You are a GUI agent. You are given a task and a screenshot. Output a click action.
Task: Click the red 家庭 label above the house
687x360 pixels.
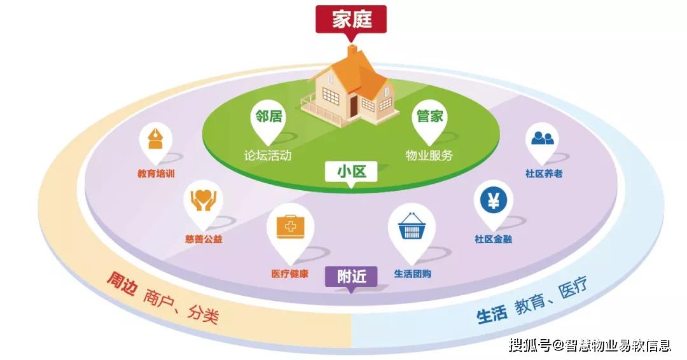point(351,20)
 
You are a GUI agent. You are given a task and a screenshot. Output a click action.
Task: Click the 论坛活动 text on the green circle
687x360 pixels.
point(268,155)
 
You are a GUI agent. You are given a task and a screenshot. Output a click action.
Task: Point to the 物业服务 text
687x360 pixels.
point(429,155)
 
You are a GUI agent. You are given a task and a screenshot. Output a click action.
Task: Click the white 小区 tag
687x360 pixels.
point(351,172)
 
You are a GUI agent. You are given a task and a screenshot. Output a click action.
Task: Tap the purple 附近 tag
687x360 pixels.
point(351,277)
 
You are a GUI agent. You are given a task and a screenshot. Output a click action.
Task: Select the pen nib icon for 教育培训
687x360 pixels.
point(156,139)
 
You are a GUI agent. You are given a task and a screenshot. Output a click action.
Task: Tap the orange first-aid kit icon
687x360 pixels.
point(290,226)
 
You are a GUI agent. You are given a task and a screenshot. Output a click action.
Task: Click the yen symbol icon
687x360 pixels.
point(494,201)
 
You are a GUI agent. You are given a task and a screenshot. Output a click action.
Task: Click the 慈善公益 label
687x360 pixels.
point(204,239)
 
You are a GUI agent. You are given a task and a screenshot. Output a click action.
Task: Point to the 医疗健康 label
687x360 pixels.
point(289,274)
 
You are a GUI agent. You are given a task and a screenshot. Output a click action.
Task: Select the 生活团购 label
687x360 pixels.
point(412,274)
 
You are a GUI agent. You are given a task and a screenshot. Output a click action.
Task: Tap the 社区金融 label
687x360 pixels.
point(494,239)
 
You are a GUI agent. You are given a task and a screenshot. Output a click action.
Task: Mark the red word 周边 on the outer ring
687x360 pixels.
point(120,283)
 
